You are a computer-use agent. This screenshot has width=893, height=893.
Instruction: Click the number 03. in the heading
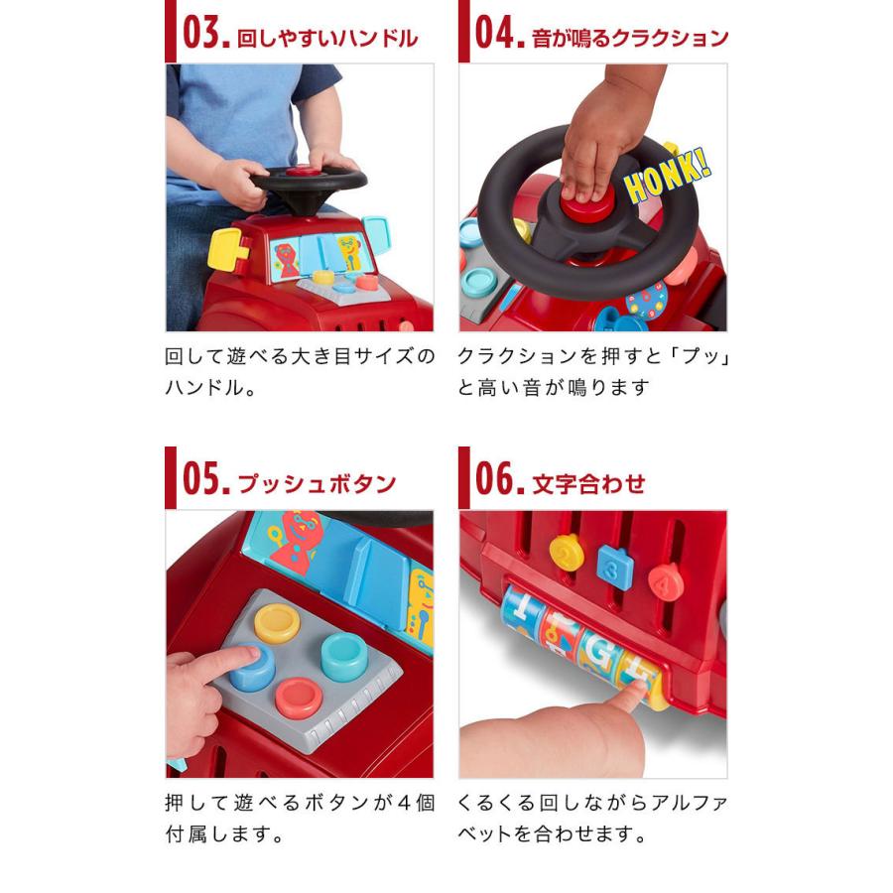point(205,37)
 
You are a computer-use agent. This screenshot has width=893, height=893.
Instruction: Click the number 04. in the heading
point(499,37)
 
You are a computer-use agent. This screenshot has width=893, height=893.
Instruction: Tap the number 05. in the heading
point(205,482)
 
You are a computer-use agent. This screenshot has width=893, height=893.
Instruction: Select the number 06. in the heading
point(499,482)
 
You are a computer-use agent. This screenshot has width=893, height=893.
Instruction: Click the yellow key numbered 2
point(567,554)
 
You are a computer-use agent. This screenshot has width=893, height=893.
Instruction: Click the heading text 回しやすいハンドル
point(327,39)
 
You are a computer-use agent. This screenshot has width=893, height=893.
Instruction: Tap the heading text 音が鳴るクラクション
point(629,39)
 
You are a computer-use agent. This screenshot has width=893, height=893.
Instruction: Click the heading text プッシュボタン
point(316,484)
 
